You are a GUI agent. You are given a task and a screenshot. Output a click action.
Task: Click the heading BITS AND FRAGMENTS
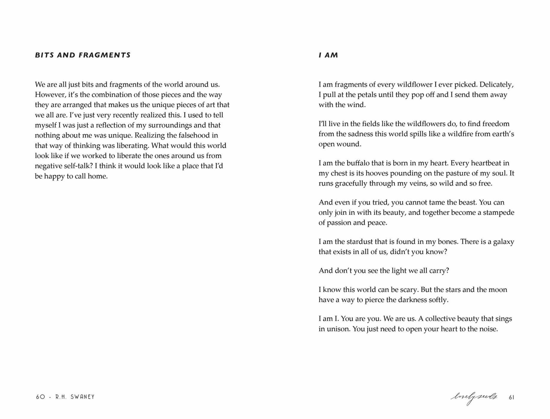click(x=83, y=55)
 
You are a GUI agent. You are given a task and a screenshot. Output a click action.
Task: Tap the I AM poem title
click(x=328, y=55)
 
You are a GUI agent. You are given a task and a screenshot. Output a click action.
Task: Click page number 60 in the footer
click(x=40, y=397)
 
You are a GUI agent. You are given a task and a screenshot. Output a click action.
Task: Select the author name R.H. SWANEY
click(x=75, y=397)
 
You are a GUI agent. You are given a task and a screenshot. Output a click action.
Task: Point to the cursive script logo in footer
click(x=474, y=397)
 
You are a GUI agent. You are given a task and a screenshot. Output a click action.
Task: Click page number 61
click(x=511, y=397)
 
